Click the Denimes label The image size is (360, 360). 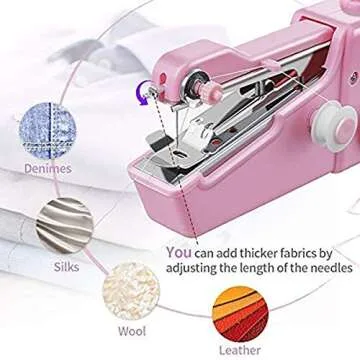[48, 169]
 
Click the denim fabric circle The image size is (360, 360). [50, 129]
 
